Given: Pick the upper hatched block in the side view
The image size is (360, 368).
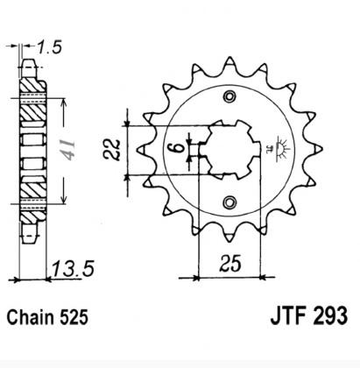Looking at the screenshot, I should [32, 110].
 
